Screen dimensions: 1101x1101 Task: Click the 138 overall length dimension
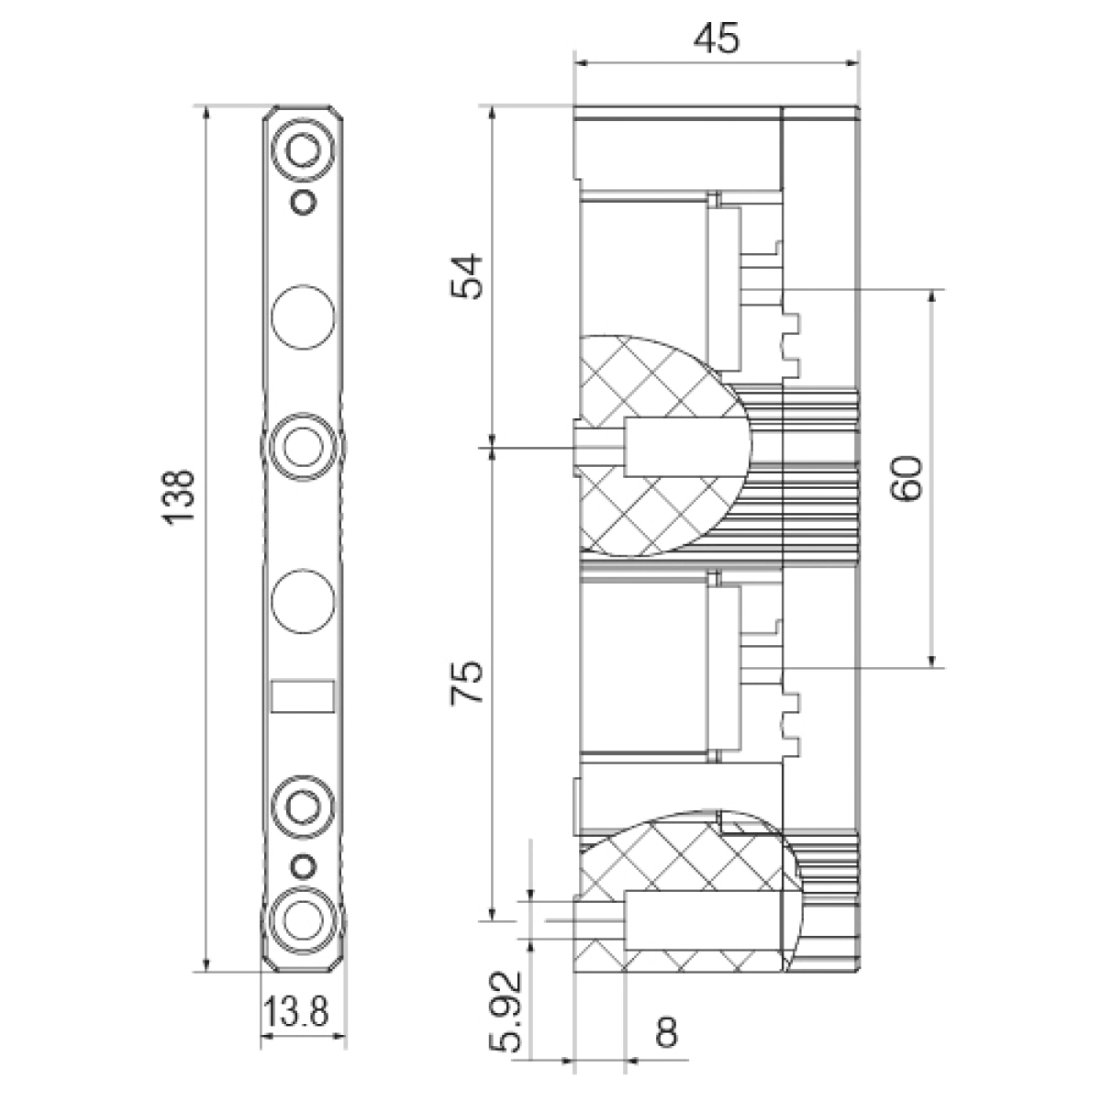tap(180, 496)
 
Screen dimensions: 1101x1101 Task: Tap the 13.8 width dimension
tap(296, 1012)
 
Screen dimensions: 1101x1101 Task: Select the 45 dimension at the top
tap(717, 39)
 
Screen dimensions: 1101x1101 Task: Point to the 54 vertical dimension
tap(467, 276)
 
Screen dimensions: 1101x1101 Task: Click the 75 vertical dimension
tap(467, 683)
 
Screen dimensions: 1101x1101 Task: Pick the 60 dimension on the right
tap(906, 478)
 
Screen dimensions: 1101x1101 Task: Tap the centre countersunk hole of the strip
tap(303, 445)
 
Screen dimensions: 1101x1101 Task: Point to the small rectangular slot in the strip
tap(303, 696)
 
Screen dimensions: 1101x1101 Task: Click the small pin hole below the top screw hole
tap(303, 202)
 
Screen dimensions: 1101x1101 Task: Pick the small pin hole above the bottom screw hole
tap(303, 866)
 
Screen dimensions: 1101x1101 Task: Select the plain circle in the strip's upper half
tap(303, 317)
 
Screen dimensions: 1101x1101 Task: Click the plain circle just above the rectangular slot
tap(303, 600)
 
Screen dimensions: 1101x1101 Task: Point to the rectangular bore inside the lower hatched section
tap(703, 920)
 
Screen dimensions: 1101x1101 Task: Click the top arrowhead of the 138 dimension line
tap(206, 113)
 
